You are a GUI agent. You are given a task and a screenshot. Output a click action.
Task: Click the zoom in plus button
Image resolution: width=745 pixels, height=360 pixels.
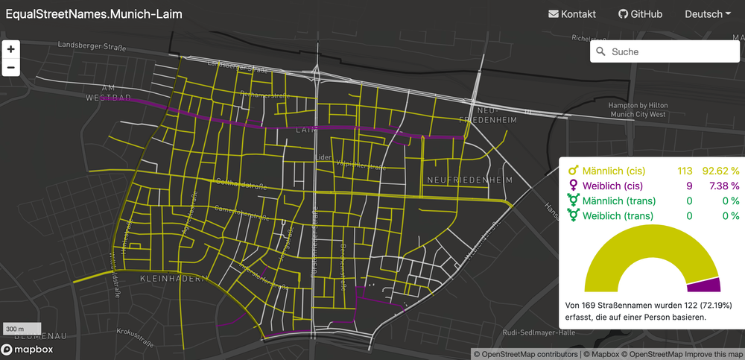(11, 49)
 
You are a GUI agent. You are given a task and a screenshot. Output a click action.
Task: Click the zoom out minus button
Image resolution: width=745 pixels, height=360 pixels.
(11, 68)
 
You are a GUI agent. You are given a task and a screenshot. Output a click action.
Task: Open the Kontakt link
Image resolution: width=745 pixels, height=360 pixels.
(572, 14)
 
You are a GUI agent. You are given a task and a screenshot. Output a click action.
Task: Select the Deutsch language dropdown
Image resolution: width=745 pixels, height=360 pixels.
(707, 14)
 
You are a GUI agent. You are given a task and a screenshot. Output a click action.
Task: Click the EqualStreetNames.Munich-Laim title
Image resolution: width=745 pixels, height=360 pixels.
(94, 14)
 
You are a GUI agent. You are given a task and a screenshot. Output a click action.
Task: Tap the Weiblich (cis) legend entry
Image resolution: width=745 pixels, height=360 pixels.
(610, 185)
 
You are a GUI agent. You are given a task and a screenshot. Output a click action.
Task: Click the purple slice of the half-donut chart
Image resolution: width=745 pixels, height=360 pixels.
(704, 284)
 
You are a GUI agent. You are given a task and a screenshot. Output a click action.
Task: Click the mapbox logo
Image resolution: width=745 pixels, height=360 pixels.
(27, 350)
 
